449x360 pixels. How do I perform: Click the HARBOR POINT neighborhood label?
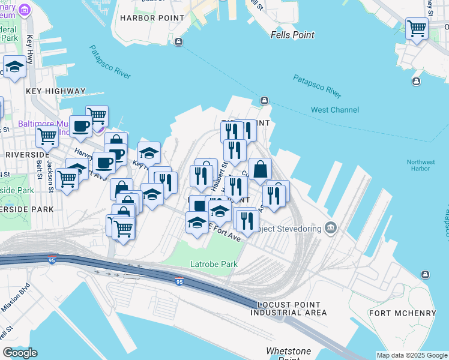tap(152, 18)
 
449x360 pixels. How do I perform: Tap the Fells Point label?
tap(292, 35)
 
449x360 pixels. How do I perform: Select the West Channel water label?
tap(335, 110)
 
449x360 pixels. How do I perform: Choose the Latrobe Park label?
tap(214, 264)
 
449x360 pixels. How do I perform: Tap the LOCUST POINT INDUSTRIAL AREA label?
tap(289, 309)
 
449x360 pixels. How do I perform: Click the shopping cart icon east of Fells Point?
tap(417, 28)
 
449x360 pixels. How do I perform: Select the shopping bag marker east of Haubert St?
tap(260, 169)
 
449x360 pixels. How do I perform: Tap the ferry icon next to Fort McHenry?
tap(425, 274)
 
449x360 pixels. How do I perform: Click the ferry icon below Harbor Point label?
tap(179, 41)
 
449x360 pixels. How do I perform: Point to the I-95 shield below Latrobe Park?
tap(179, 281)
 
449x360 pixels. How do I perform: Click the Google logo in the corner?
tap(20, 353)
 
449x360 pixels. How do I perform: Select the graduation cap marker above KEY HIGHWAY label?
tap(14, 67)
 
